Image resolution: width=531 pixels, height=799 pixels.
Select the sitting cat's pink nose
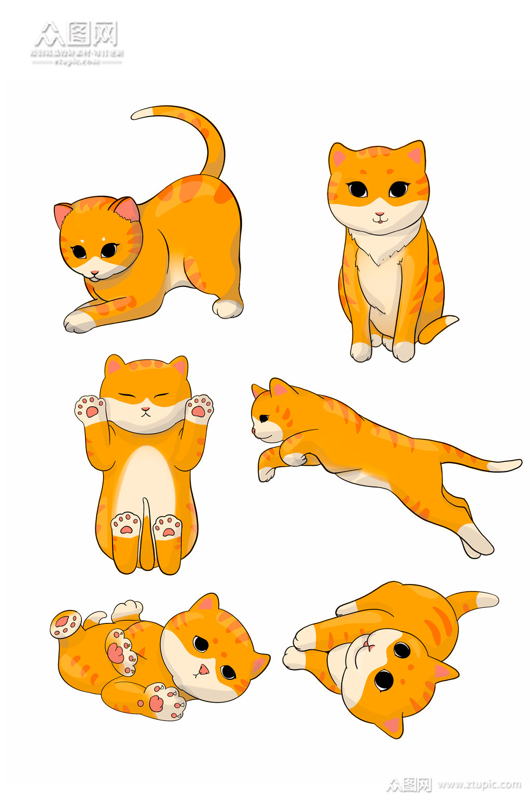(x=380, y=214)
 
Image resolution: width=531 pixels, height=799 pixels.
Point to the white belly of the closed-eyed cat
(x=145, y=477)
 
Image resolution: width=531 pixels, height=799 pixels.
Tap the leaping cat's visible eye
(x=264, y=418)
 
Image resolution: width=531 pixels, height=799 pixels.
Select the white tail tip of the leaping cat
(x=506, y=465)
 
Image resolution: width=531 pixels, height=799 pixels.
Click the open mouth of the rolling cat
(x=204, y=669)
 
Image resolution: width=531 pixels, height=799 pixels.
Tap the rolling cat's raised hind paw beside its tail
(x=66, y=623)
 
